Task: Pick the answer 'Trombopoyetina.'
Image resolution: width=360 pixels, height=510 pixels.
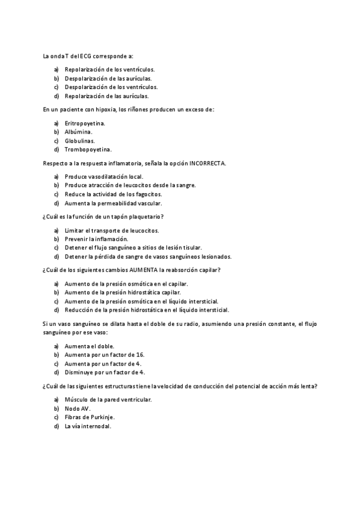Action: click(88, 149)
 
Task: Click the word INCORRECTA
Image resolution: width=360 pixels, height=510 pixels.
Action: click(207, 163)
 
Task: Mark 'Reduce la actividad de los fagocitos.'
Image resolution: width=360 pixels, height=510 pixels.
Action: click(113, 194)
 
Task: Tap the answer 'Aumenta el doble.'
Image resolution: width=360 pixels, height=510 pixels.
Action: click(90, 346)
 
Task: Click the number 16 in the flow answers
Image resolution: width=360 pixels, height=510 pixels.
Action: click(141, 355)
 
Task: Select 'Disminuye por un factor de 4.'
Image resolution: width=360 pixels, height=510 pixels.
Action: click(105, 372)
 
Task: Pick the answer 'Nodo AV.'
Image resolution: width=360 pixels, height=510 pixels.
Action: click(78, 408)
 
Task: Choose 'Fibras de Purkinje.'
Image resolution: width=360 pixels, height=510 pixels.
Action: click(90, 417)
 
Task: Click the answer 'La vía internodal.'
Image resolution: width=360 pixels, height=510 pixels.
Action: click(88, 426)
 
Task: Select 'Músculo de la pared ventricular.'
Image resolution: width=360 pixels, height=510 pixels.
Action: click(108, 399)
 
